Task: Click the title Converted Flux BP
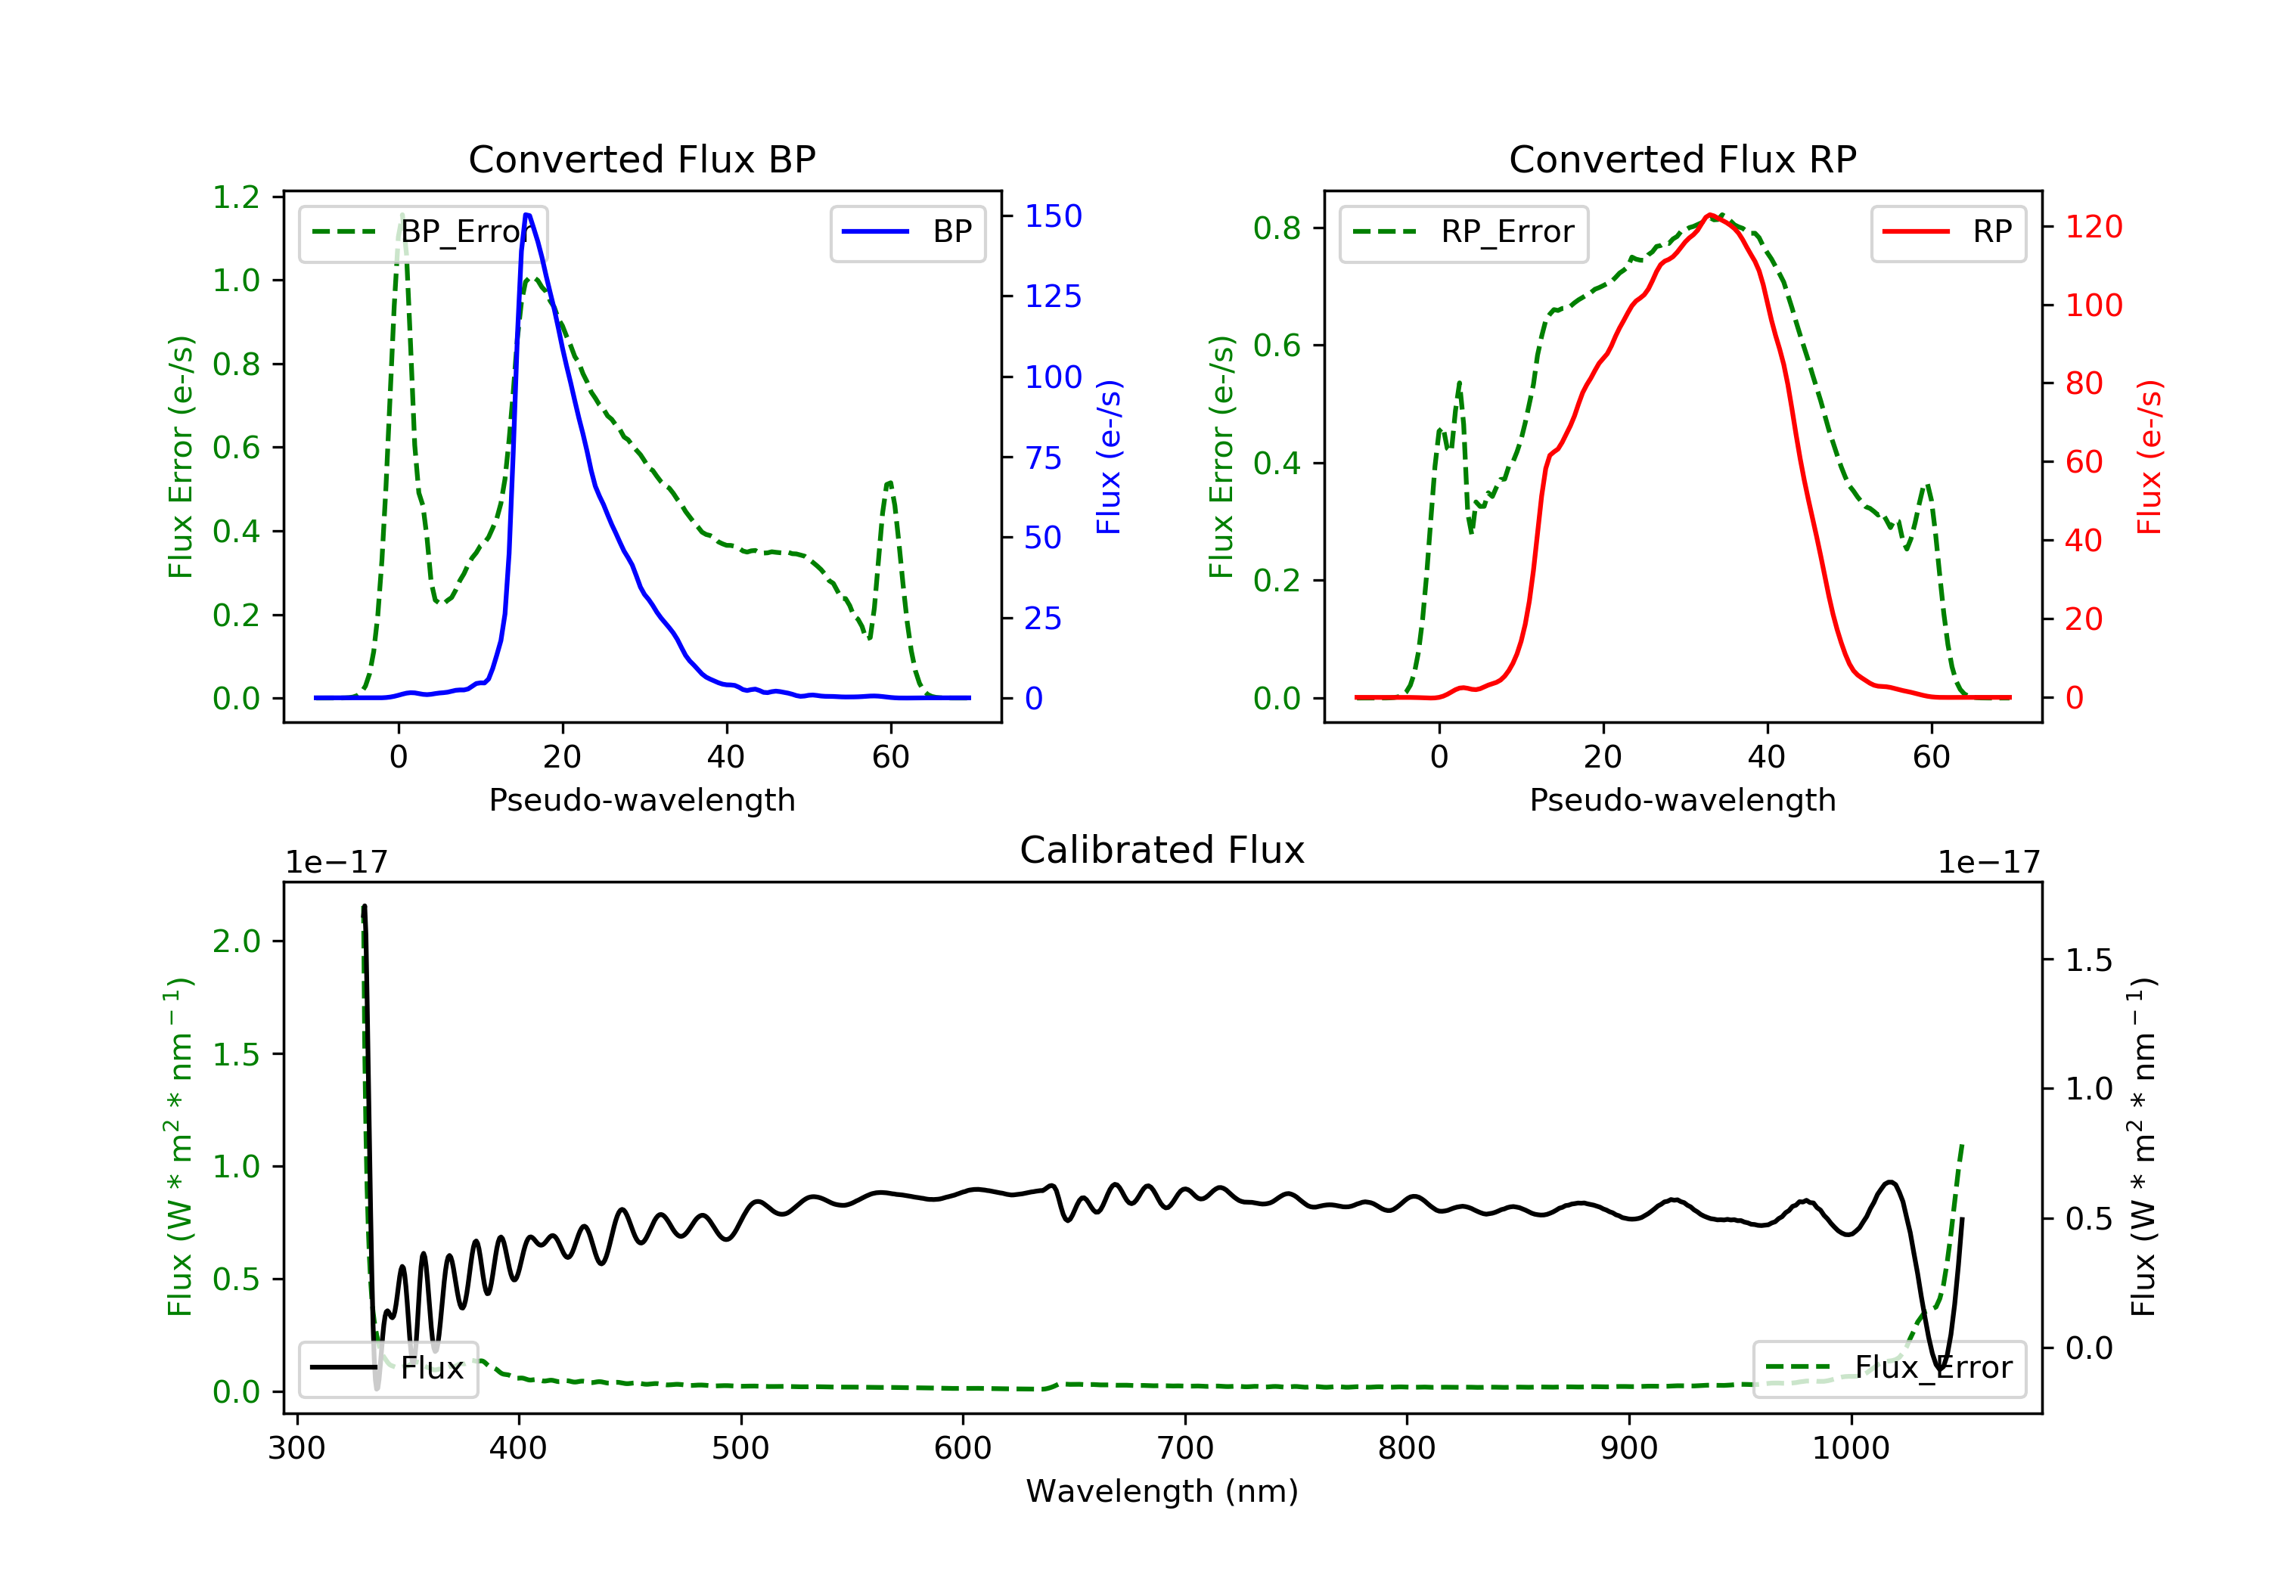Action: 641,159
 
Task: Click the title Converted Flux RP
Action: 1682,159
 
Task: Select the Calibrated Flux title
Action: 1162,850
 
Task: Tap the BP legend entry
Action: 907,232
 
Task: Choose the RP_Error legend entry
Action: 1463,232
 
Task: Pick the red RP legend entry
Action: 1948,232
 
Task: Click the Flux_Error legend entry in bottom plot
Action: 1889,1368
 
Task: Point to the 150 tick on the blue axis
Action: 1054,216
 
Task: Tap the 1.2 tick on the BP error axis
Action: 236,197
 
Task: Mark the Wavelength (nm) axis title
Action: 1162,1491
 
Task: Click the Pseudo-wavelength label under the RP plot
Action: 1682,799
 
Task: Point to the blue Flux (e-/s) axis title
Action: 1109,457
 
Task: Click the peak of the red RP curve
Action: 1709,215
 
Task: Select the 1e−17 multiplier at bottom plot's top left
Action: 336,863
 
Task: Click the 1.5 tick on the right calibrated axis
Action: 2089,960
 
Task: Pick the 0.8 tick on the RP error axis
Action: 1277,228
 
